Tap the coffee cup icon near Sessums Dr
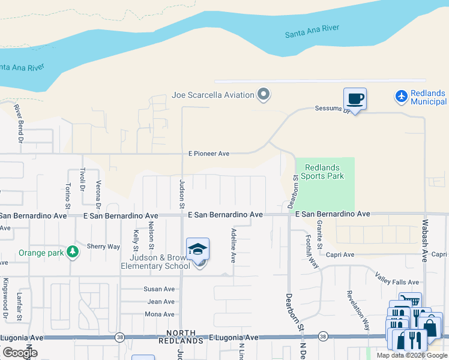coord(355,98)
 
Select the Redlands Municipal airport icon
coord(402,95)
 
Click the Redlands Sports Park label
coord(324,172)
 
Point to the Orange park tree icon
coord(73,252)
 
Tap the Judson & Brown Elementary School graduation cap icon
coord(197,250)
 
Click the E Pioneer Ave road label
coord(208,154)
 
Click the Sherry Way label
coord(103,247)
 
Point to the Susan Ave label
coord(159,289)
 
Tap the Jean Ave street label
coord(161,302)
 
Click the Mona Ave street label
coord(160,314)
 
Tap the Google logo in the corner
coord(20,352)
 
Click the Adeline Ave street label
coord(234,245)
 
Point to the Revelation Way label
coord(358,310)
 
